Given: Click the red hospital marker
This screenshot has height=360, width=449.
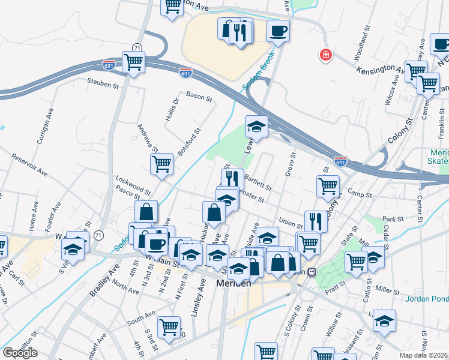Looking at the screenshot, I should pos(325,55).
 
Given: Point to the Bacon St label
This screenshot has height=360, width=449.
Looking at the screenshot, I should pos(199,95).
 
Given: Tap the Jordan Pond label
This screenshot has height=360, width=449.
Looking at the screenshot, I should pos(427,299).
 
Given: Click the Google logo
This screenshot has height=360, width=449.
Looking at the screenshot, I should pos(20,352).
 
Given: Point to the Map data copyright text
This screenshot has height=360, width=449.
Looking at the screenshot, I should pos(423,355).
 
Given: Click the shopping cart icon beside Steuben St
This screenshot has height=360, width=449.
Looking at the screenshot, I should pos(133,61).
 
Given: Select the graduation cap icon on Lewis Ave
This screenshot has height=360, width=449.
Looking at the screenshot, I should pos(256,127).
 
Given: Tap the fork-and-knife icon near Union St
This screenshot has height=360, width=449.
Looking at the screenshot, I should pos(316,221).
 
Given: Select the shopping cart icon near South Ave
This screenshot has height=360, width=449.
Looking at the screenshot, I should pos(169,327).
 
